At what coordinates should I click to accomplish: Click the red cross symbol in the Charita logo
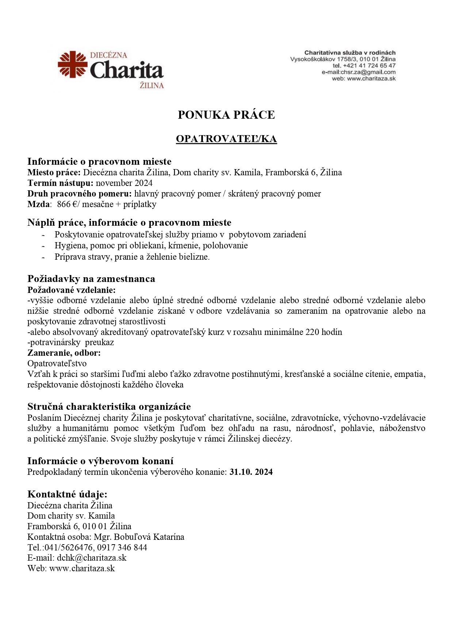coord(73,64)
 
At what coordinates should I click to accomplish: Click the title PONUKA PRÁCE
coord(226,115)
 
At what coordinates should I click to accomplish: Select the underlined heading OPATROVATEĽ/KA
coord(226,139)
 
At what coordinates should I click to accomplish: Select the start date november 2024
coord(124,183)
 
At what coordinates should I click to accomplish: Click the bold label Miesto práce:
coord(54,172)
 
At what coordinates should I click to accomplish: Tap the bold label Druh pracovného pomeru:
coord(80,194)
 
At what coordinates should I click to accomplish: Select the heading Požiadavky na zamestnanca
coord(91,279)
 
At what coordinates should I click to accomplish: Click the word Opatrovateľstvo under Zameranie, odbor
coord(57,363)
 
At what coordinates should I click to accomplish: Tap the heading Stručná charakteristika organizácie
coord(109,407)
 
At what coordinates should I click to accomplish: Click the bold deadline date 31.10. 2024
coord(251,472)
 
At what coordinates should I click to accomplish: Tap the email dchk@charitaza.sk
coord(92,558)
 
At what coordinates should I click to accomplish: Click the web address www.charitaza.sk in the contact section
coord(82,568)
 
